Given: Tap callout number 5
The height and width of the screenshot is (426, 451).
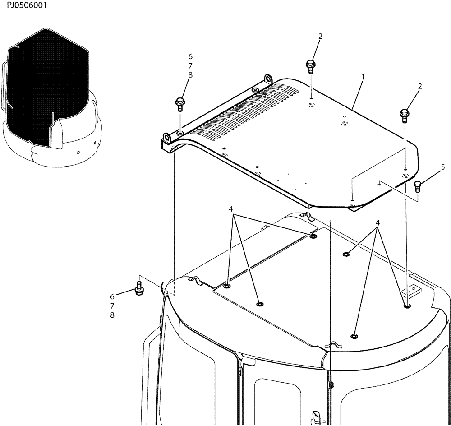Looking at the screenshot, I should pos(442,167).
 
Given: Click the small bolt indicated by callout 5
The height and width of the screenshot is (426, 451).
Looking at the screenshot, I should pos(417,184).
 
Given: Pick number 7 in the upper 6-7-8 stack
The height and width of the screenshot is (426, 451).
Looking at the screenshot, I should pos(190,66).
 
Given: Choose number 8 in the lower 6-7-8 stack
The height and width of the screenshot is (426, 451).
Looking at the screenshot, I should pos(112,315).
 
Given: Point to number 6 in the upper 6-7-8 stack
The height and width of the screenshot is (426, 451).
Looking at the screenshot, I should pos(190,56).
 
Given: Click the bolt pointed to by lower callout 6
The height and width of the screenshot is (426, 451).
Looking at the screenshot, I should pos(139,289).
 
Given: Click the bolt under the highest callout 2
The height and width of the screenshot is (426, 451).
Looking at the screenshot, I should pos(311,65).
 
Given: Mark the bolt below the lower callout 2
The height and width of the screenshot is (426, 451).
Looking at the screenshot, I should pos(405,115).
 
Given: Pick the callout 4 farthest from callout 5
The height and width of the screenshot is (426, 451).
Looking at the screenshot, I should pos(230,209).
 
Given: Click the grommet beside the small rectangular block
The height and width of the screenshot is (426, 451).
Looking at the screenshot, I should pos(407,306).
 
